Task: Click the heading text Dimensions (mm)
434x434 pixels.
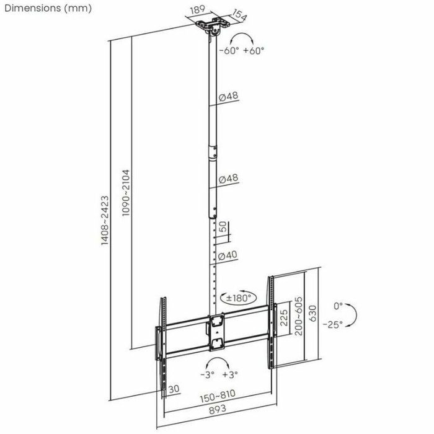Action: pos(46,9)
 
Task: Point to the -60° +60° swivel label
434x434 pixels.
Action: pos(241,51)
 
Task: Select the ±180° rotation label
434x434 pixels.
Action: pos(238,298)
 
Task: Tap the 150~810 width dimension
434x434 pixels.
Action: pos(218,394)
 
